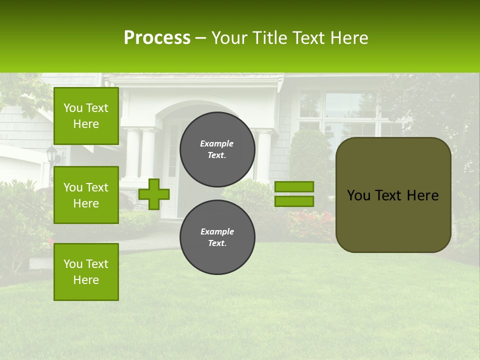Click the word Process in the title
(157, 38)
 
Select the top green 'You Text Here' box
(86, 116)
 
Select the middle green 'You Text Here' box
(86, 195)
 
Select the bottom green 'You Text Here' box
(86, 271)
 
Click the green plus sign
(154, 194)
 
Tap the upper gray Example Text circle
(217, 149)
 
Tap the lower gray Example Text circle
(217, 237)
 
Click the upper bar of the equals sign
(294, 186)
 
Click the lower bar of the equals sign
(294, 201)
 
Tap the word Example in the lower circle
(217, 231)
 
